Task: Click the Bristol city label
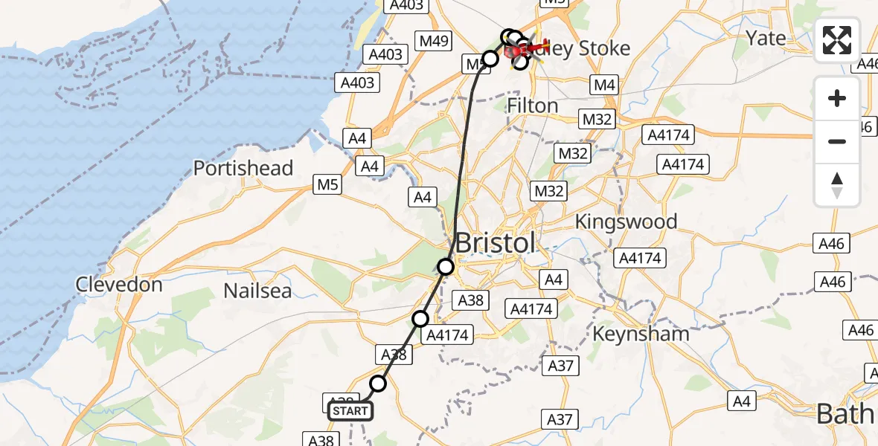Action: [495, 243]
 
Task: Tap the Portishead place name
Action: [243, 168]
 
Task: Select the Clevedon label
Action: [119, 285]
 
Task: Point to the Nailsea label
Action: [258, 290]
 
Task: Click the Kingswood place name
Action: [626, 222]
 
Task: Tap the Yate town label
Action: [766, 38]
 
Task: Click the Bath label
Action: [846, 414]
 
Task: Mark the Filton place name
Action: [532, 106]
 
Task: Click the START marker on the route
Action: [350, 410]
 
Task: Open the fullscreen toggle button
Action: [837, 40]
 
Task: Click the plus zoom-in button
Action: [837, 98]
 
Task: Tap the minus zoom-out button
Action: [837, 141]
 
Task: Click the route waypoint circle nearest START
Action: [379, 384]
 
